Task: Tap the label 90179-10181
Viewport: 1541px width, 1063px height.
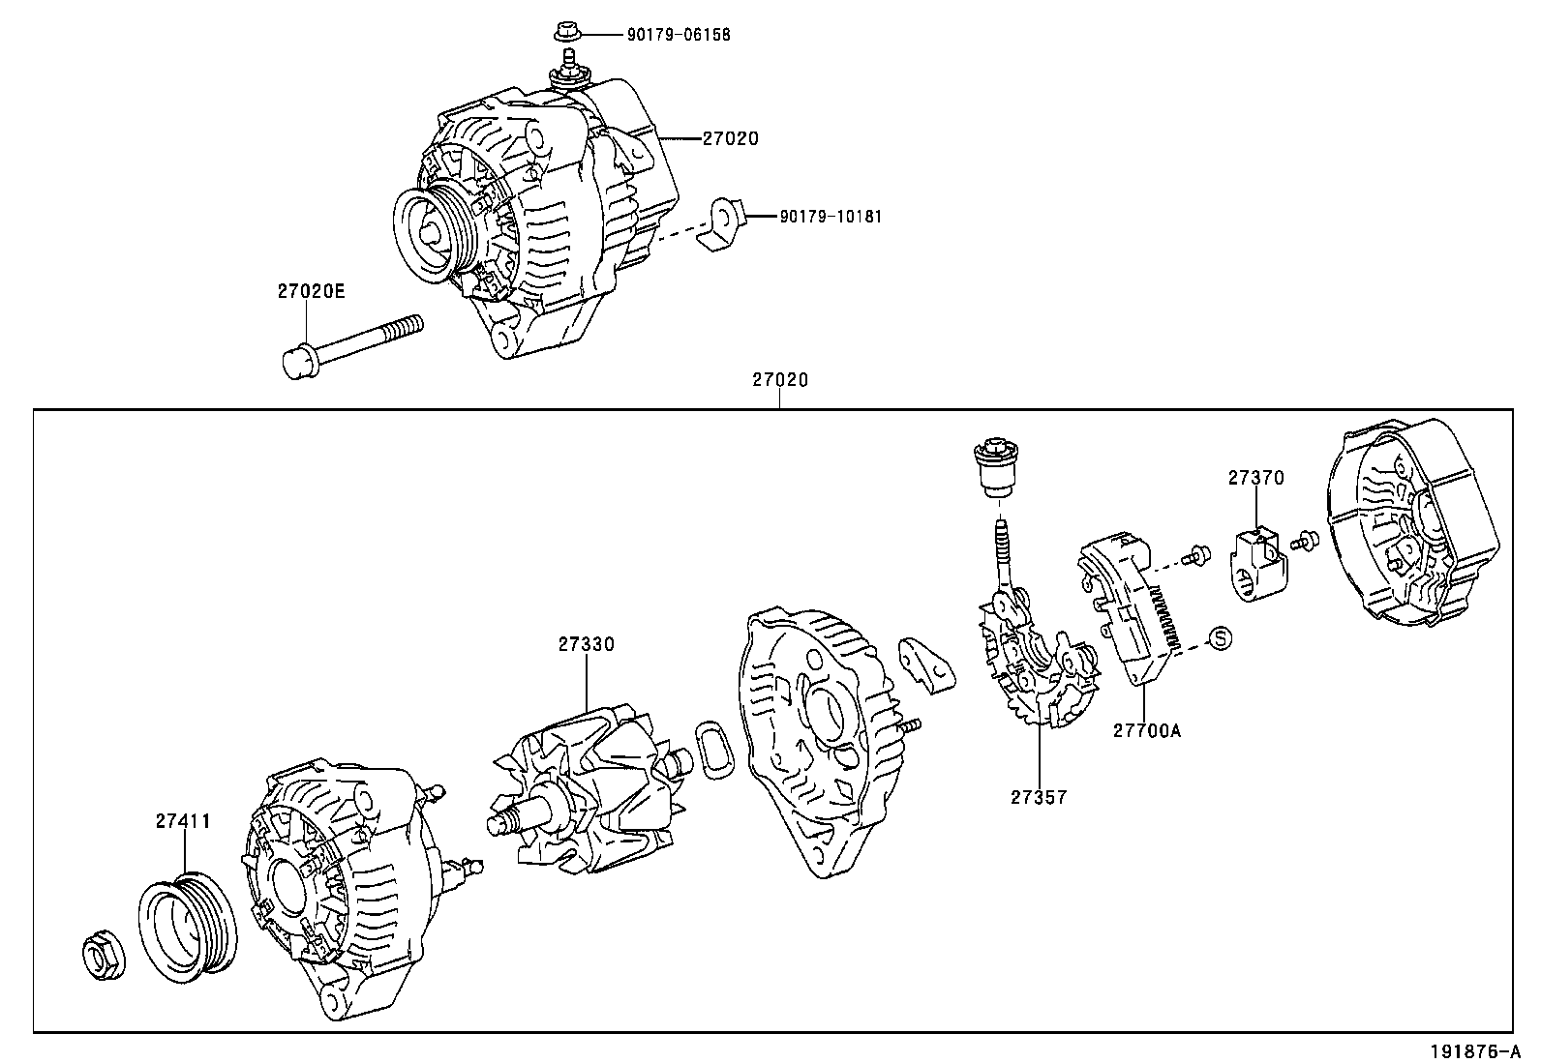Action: point(831,217)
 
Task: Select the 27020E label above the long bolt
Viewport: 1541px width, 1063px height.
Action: point(311,290)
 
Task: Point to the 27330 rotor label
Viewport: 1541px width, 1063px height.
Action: point(585,644)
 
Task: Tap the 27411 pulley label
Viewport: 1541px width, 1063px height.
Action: point(183,821)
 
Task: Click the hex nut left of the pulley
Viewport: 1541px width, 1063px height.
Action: point(101,957)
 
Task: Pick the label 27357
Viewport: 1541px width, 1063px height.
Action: point(1038,797)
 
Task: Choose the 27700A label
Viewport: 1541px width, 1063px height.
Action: point(1146,731)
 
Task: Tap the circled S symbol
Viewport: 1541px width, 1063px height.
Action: point(1221,637)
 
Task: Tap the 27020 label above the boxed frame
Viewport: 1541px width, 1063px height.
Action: point(780,380)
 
